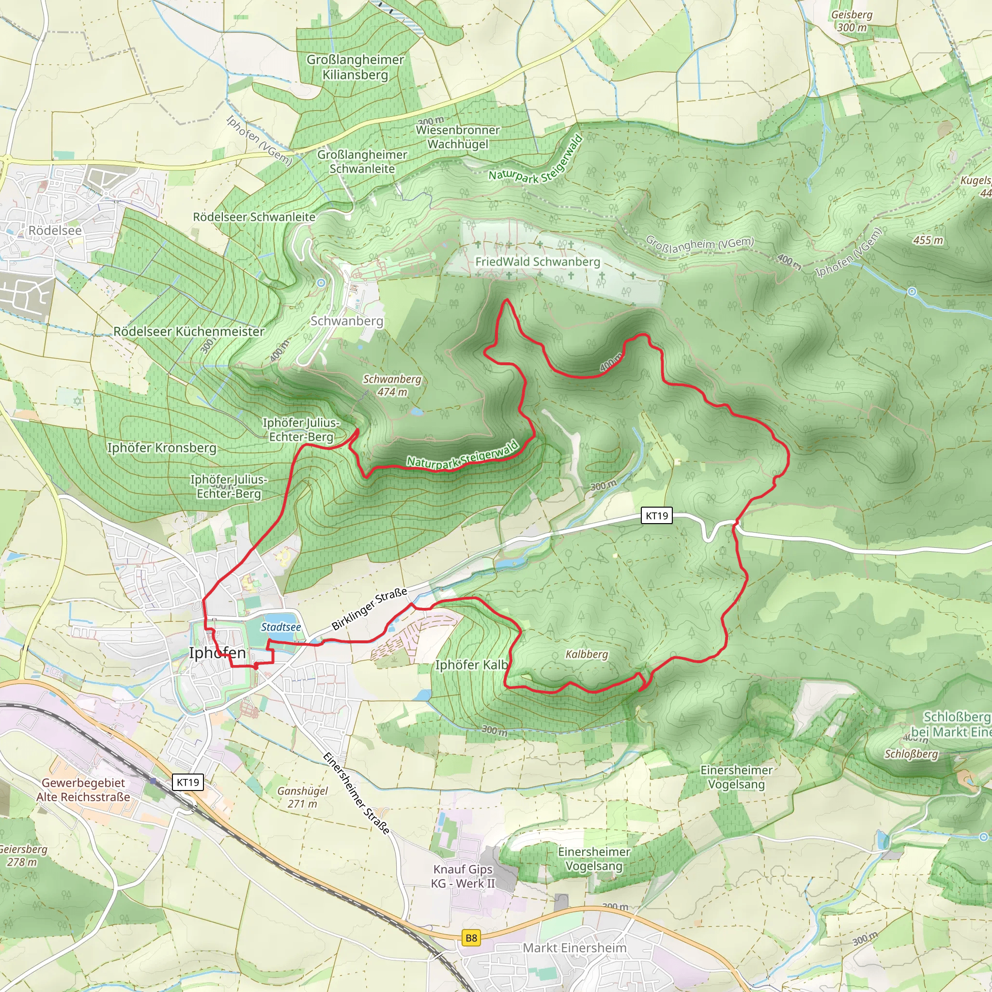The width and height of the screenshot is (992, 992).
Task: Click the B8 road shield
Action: pos(471,938)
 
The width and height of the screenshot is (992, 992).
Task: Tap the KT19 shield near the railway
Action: pos(188,782)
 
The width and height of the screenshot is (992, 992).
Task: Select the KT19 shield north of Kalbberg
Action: pos(657,515)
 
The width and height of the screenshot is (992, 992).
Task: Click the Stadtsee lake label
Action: pos(281,627)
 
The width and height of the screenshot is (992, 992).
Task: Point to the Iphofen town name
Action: pos(217,652)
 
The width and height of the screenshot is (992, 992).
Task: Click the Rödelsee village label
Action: pos(55,231)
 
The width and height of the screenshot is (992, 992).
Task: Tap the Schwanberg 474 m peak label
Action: pos(392,385)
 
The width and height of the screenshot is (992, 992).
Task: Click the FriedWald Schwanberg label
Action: pos(538,262)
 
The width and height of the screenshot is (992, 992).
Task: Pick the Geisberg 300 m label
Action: pos(852,21)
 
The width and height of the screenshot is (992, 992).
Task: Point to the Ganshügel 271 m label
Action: pos(302,797)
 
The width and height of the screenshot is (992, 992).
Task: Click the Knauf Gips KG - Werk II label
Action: pos(463,876)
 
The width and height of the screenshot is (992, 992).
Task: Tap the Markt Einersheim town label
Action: pos(574,948)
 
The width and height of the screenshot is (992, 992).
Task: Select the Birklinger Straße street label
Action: pos(369,609)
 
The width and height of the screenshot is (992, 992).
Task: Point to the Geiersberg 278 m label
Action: pos(23,855)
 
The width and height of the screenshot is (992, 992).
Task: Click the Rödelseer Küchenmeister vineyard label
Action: pos(188,332)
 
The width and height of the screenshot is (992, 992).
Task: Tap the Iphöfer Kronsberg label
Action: pos(162,448)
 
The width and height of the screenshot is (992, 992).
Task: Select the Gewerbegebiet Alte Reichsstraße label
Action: pos(83,790)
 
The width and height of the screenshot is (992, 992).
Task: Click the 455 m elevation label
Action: pos(928,240)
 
